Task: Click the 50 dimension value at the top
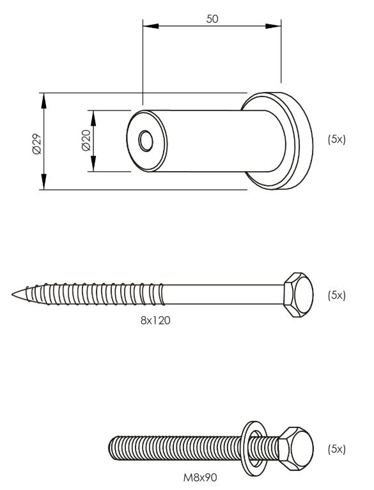point(212,19)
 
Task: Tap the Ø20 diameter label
point(86,141)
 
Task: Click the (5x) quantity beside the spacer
point(336,139)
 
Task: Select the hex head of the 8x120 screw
point(298,295)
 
